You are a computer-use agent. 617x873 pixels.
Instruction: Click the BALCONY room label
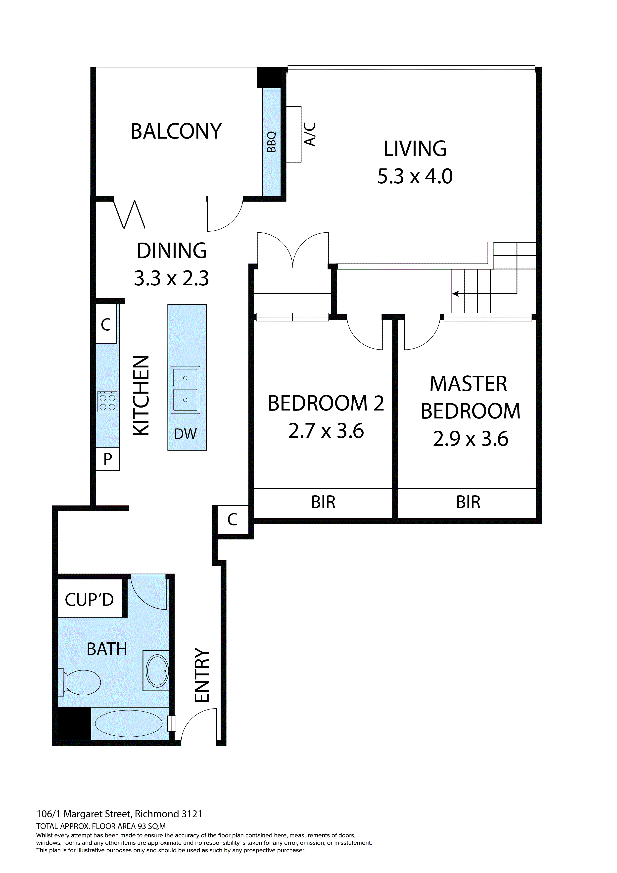(x=176, y=132)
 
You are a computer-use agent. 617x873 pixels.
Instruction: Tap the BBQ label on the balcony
(x=271, y=142)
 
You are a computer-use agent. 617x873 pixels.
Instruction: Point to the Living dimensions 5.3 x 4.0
(x=415, y=176)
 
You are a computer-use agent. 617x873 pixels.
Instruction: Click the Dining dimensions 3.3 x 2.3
(x=171, y=278)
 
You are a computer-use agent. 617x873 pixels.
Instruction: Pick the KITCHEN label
(x=141, y=395)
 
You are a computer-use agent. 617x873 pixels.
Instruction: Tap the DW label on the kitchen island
(x=185, y=434)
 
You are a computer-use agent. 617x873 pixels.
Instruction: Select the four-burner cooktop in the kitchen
(x=107, y=402)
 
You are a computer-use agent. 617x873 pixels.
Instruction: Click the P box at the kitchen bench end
(x=108, y=459)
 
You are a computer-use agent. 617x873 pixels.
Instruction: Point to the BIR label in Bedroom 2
(x=323, y=502)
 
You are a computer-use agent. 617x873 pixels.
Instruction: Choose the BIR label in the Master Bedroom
(x=468, y=502)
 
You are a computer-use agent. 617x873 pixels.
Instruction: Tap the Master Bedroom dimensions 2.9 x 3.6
(x=471, y=439)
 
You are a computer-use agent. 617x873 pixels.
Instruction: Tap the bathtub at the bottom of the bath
(x=129, y=723)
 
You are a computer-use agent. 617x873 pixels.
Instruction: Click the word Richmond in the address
(x=157, y=814)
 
